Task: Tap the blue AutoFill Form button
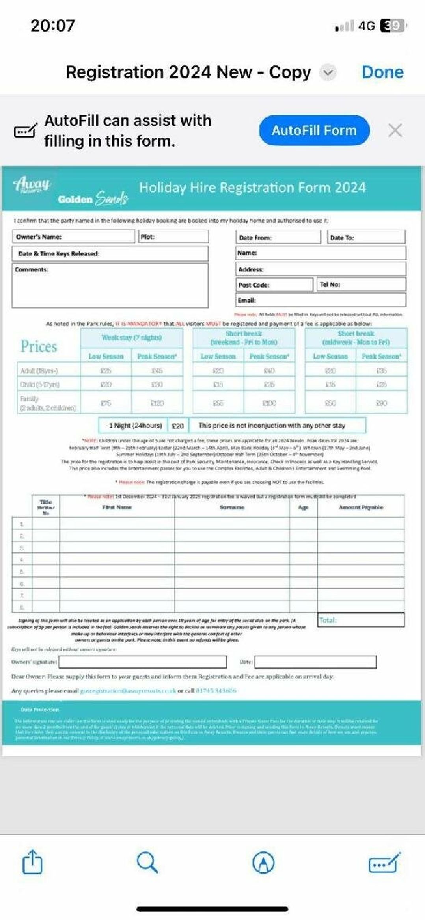pyautogui.click(x=314, y=130)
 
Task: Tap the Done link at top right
pyautogui.click(x=382, y=72)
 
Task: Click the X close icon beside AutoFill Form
pyautogui.click(x=395, y=130)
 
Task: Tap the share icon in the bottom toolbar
pyautogui.click(x=32, y=862)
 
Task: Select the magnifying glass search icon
pyautogui.click(x=147, y=862)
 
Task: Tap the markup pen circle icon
pyautogui.click(x=263, y=862)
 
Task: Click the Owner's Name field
pyautogui.click(x=73, y=237)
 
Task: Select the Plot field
pyautogui.click(x=173, y=237)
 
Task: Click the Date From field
pyautogui.click(x=278, y=238)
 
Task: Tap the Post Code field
pyautogui.click(x=274, y=285)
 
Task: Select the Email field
pyautogui.click(x=321, y=300)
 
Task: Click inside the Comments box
pyautogui.click(x=110, y=288)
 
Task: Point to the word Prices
pyautogui.click(x=39, y=346)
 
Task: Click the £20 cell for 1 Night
pyautogui.click(x=178, y=426)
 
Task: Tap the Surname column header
pyautogui.click(x=232, y=507)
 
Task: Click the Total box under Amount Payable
pyautogui.click(x=361, y=620)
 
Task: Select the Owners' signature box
pyautogui.click(x=143, y=662)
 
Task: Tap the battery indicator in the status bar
pyautogui.click(x=392, y=26)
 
